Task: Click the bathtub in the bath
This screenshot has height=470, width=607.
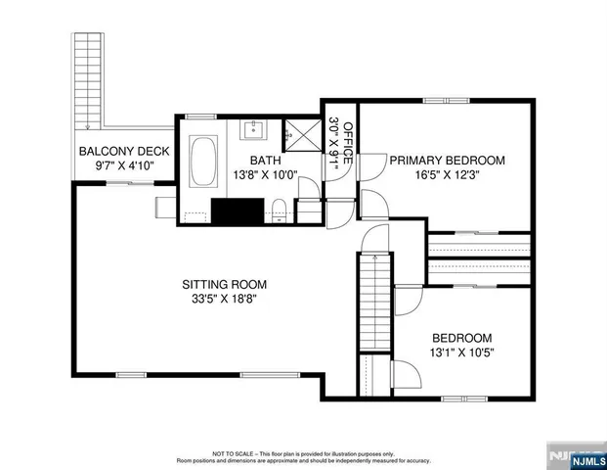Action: [204, 163]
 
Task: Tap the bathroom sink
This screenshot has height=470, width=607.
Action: [257, 126]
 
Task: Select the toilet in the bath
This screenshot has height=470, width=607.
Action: [278, 207]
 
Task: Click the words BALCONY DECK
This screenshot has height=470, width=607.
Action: [124, 152]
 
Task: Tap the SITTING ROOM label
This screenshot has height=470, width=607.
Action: [224, 285]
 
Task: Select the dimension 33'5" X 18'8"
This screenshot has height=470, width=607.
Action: [224, 301]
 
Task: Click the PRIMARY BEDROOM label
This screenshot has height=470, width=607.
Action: [447, 161]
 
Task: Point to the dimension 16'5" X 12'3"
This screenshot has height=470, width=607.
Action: [447, 176]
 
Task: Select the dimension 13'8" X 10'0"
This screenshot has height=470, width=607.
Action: [265, 176]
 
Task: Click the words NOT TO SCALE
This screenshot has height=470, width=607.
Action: [232, 453]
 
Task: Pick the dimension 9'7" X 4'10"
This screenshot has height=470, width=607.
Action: [124, 166]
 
